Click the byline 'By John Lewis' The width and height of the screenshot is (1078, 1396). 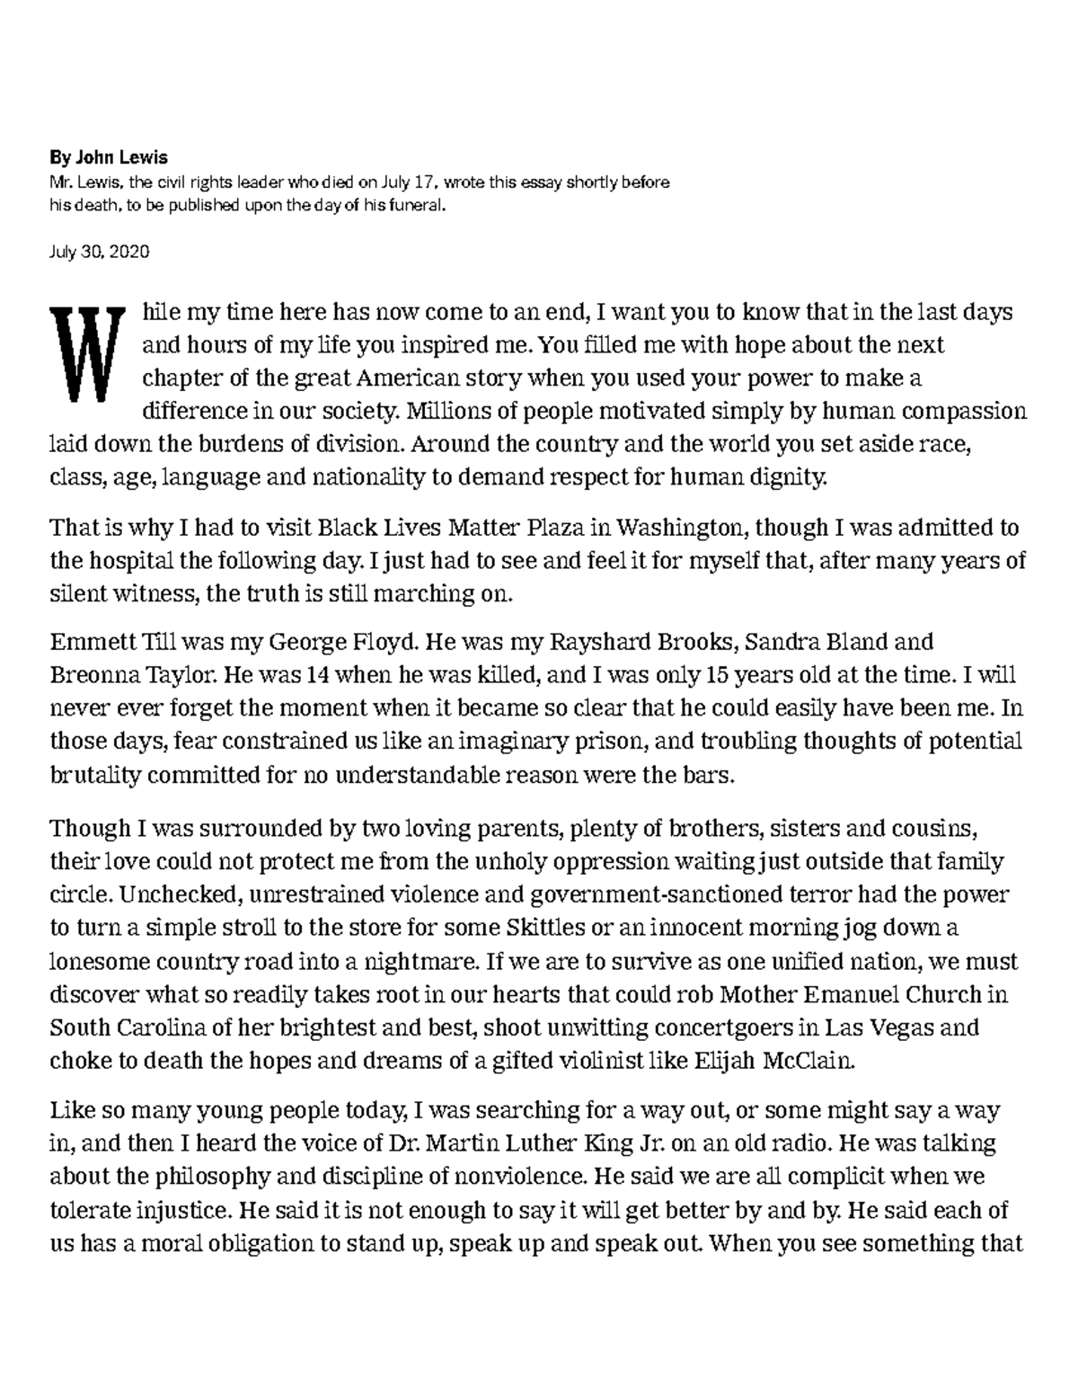click(108, 158)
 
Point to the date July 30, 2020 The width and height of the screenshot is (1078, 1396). click(99, 252)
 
